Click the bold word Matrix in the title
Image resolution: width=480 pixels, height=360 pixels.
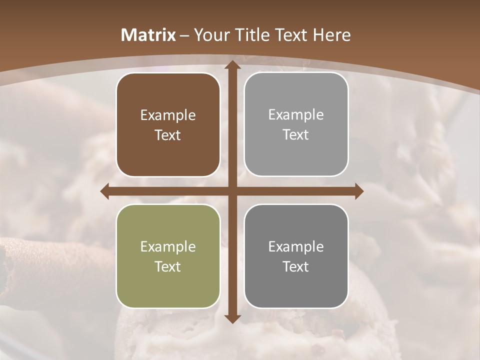pos(148,35)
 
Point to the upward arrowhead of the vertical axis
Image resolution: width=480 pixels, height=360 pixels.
pos(232,64)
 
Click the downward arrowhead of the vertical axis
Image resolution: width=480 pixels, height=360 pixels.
pos(232,318)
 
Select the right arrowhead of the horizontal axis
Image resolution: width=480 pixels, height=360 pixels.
pos(359,191)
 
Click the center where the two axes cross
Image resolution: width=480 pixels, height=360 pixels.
pos(232,191)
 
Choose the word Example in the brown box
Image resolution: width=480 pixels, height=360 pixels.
pos(168,115)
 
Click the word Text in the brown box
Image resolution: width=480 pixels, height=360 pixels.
pos(168,135)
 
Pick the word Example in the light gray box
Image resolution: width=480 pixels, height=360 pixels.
pos(296,115)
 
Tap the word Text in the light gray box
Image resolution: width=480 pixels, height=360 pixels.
pos(296,135)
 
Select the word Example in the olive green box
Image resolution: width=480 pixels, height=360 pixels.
pos(168,247)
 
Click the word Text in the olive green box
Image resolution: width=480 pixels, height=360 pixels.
pos(168,267)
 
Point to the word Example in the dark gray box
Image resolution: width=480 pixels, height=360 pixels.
pos(296,247)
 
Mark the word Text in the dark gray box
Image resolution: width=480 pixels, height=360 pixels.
pos(296,267)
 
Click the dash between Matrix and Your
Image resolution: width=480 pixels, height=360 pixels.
pos(184,35)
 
